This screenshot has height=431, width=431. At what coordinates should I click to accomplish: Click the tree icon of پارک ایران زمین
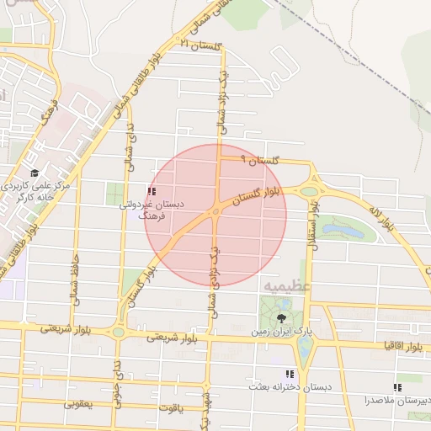281,318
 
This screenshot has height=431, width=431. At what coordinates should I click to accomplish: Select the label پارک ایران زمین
281,332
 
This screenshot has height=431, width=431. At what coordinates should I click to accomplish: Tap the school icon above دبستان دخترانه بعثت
290,374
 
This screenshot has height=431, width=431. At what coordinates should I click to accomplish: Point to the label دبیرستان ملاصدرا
397,400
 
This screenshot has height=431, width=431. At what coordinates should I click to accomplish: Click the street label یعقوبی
81,403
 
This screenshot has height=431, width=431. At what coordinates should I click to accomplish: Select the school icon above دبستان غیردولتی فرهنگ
152,191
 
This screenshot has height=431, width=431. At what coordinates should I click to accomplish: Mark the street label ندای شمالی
130,143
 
